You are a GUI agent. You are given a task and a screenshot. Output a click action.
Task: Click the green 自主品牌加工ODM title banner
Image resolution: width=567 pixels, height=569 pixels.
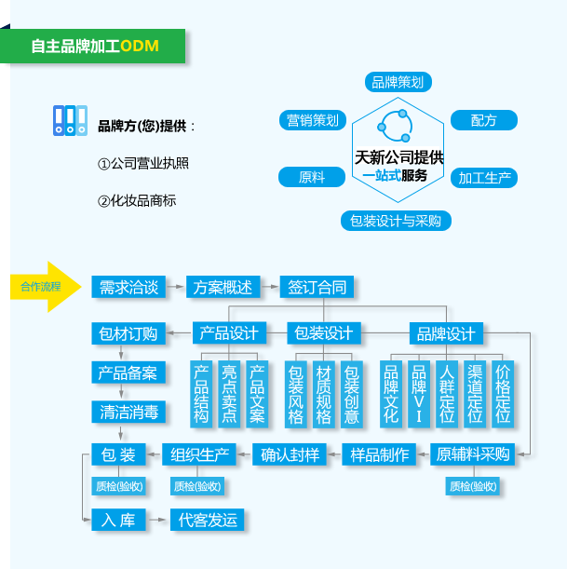click(x=92, y=46)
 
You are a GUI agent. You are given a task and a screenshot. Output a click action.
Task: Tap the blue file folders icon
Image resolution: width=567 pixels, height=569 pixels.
click(x=70, y=120)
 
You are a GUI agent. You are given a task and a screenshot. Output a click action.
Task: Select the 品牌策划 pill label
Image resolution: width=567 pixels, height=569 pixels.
click(x=398, y=82)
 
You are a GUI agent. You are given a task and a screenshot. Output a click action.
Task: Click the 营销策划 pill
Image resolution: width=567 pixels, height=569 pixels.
click(x=313, y=120)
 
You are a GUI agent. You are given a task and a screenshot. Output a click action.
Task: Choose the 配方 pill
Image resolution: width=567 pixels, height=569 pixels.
click(x=484, y=120)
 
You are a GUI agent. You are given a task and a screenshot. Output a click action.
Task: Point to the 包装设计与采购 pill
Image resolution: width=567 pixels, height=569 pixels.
click(x=396, y=221)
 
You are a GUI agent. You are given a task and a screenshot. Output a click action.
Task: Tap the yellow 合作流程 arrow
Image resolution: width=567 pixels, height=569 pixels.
click(x=46, y=287)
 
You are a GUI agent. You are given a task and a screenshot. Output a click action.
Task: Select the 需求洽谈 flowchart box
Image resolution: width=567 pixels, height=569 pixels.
click(x=128, y=287)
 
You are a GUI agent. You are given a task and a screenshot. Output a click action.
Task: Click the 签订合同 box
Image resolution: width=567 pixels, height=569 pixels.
click(x=317, y=287)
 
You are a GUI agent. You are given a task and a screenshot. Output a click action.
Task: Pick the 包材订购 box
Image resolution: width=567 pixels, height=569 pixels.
click(x=128, y=333)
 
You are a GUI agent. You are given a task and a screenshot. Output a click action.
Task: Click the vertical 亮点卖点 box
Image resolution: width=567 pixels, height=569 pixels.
click(x=229, y=395)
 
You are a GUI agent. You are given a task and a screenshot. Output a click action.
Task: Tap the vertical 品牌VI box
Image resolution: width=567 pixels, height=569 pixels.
click(x=419, y=395)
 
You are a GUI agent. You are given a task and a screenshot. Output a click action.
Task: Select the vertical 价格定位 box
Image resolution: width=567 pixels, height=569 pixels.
click(x=503, y=395)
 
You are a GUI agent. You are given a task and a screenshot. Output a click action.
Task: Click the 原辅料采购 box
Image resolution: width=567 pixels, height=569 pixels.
click(x=473, y=454)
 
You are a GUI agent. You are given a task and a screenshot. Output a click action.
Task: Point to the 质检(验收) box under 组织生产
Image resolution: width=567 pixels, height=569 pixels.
click(x=197, y=486)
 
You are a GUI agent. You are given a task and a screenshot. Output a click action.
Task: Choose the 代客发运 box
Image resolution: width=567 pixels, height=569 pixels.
click(x=207, y=520)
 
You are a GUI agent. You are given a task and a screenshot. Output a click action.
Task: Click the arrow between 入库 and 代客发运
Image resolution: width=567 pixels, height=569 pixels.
click(x=156, y=520)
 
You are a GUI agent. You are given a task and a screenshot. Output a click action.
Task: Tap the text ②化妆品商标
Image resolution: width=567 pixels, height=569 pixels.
click(x=137, y=200)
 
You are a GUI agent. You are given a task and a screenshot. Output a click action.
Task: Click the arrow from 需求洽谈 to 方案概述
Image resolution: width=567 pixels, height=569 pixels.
click(x=176, y=287)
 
